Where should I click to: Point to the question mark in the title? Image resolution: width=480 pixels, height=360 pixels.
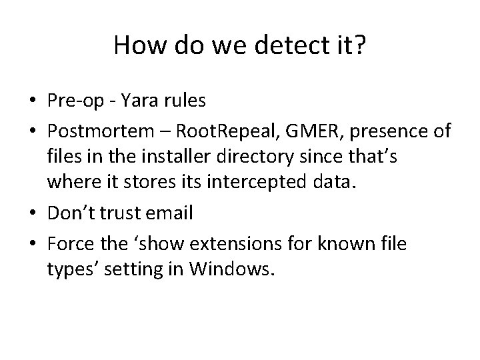click(359, 45)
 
